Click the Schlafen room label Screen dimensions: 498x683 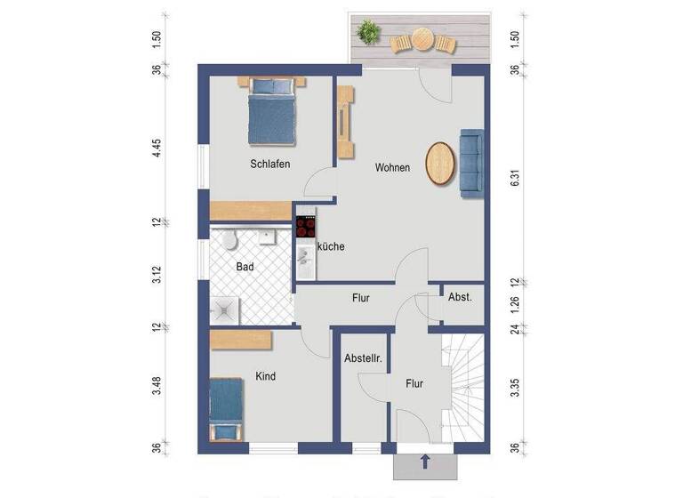click(x=269, y=165)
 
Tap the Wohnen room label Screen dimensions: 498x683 click(x=392, y=167)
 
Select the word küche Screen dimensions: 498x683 click(x=330, y=246)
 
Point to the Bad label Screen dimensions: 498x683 click(x=245, y=266)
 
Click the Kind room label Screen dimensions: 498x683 click(x=265, y=376)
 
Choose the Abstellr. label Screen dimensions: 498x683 click(x=363, y=359)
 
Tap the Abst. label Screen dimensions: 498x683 click(x=460, y=297)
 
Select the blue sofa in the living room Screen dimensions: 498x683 click(x=470, y=162)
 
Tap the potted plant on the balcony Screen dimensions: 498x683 click(x=366, y=34)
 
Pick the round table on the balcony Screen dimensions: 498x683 click(x=422, y=39)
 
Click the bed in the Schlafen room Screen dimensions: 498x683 click(x=270, y=111)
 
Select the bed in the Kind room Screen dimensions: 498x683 click(x=226, y=408)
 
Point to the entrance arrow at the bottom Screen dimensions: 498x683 click(x=425, y=462)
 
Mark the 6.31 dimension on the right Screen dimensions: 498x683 click(x=515, y=179)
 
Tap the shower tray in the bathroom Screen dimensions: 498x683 click(x=224, y=309)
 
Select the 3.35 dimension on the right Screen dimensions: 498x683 click(x=515, y=387)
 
